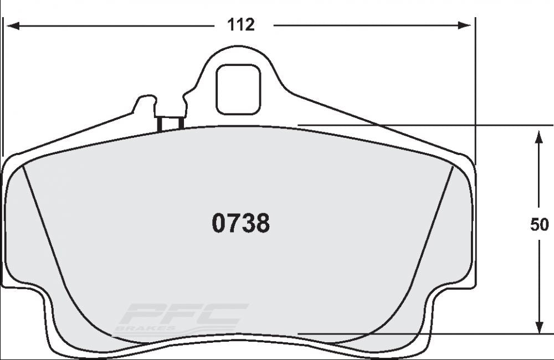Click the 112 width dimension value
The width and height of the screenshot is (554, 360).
pos(242,25)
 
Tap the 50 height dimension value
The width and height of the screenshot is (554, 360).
pos(539,225)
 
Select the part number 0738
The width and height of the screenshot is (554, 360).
pos(240,224)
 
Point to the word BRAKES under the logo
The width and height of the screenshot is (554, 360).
pos(136,328)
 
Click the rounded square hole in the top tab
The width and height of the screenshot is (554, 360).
pos(238,89)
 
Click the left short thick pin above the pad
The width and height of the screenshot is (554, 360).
pos(160,124)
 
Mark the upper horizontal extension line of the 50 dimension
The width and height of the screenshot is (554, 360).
pos(421,125)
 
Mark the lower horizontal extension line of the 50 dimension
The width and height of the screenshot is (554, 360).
pos(421,334)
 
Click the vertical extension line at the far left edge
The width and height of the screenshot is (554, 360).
pos(3,83)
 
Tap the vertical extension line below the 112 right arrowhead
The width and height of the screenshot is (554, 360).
pos(475,94)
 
